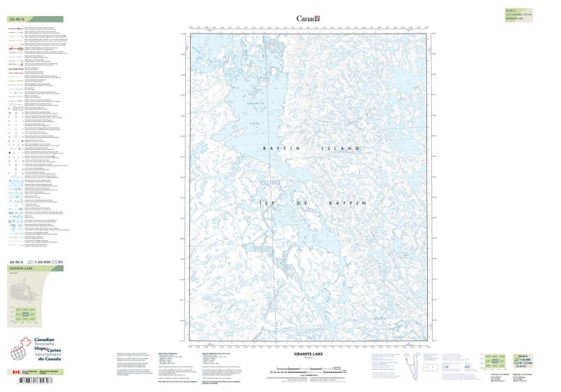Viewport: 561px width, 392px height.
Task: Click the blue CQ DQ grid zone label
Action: (271, 183)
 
